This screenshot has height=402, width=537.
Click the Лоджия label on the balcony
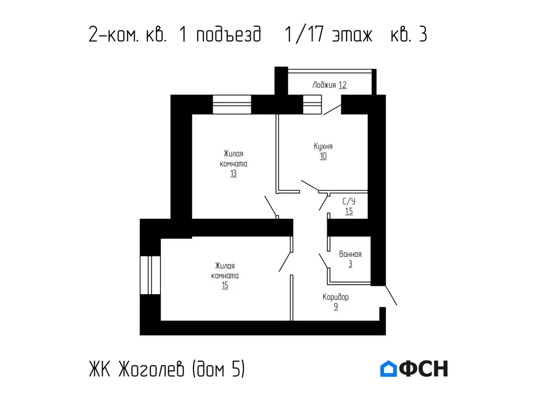[x=324, y=85]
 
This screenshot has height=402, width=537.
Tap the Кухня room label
[x=323, y=147]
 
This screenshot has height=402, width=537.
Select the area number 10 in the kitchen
[x=323, y=156]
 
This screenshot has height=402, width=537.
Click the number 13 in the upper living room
[x=233, y=174]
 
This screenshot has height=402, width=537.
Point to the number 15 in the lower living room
[x=224, y=286]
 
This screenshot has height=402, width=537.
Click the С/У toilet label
[x=349, y=202]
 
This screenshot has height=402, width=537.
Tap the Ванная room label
[x=350, y=254]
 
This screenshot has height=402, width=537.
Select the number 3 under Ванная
[x=350, y=264]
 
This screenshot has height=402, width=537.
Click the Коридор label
[x=336, y=297]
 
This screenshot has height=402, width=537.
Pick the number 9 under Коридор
[x=336, y=307]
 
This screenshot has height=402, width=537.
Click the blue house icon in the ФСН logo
[x=389, y=368]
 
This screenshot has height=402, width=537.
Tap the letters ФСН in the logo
[x=424, y=368]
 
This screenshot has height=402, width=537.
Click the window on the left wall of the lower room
[x=150, y=275]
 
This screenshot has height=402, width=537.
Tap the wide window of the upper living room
[x=232, y=105]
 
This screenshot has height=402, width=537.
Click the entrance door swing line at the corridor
[x=391, y=295]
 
